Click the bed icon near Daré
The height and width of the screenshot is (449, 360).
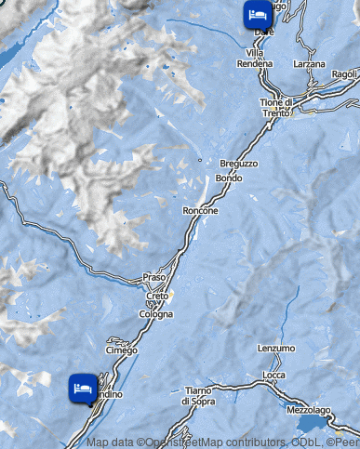tap(257, 15)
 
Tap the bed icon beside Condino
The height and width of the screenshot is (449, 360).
tap(82, 389)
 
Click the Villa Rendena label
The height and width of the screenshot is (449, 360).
tap(260, 59)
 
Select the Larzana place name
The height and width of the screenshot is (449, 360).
tap(309, 64)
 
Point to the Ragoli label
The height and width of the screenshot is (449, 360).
tap(344, 74)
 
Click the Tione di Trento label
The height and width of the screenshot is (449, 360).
tap(276, 108)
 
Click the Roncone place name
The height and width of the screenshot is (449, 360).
tap(201, 211)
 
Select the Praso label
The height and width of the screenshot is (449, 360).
tap(153, 277)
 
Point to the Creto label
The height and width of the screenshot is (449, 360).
tap(157, 297)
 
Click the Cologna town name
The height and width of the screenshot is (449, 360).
tap(156, 314)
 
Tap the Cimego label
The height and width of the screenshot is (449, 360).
tap(122, 350)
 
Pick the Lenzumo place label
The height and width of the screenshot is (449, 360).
tap(276, 348)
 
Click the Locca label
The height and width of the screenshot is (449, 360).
tap(274, 375)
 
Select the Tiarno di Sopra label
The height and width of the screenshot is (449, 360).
tap(199, 395)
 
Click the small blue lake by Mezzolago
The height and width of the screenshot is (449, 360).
tap(327, 423)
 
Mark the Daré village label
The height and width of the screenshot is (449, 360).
tap(264, 32)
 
